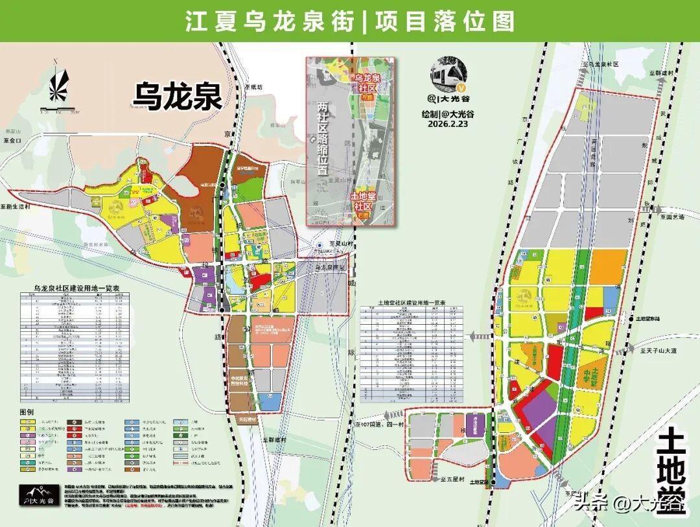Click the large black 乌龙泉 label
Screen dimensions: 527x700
click(178, 96)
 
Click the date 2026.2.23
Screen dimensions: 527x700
click(447, 124)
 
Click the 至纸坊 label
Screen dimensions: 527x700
click(253, 87)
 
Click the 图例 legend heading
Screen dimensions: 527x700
click(27, 412)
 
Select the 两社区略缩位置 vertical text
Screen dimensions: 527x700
click(322, 140)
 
